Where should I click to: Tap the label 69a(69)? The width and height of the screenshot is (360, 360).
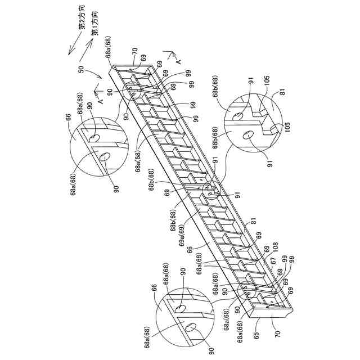(183, 236)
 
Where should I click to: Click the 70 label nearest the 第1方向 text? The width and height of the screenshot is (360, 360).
(135, 53)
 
